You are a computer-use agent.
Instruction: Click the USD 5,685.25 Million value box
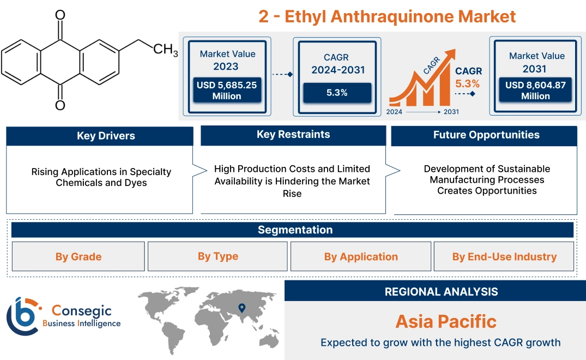[227, 91]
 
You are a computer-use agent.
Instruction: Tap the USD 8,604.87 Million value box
[535, 91]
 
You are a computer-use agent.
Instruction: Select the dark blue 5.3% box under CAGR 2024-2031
[337, 93]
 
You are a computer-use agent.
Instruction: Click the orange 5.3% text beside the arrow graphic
[467, 83]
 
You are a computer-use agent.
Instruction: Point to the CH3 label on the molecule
[165, 50]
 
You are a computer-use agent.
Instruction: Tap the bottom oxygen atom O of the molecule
[60, 105]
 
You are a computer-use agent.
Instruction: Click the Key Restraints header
[293, 135]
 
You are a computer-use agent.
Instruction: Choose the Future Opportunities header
[486, 135]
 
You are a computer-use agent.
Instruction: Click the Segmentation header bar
[295, 230]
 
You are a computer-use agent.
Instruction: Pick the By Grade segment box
[78, 256]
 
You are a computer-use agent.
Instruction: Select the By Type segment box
[218, 256]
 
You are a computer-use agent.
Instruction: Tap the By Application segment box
[361, 256]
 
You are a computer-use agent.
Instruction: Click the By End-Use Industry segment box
[504, 256]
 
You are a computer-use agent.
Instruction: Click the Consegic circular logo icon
[22, 316]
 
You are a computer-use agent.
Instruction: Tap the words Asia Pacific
[446, 321]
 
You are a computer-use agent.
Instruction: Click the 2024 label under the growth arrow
[395, 112]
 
